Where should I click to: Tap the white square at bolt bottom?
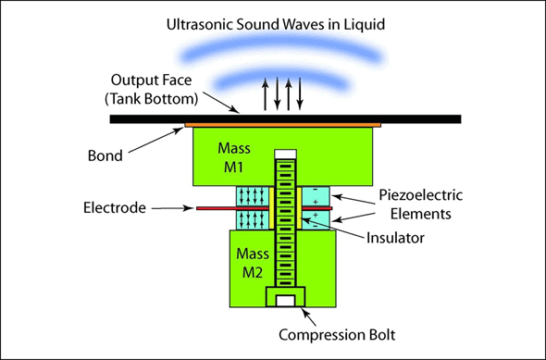coord(285,299)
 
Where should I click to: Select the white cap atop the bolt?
coord(285,153)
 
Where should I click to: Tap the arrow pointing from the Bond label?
coord(163,143)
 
